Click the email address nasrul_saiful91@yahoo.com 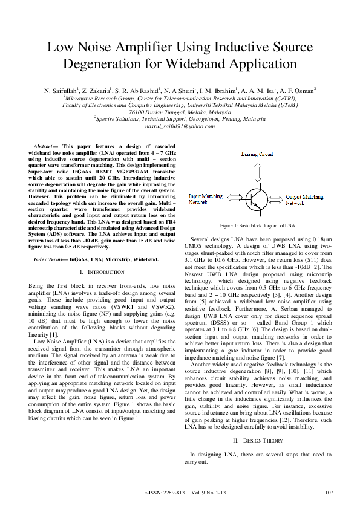point(180,126)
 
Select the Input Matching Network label point(206,199)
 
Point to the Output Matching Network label point(304,199)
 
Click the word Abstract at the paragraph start point(44,147)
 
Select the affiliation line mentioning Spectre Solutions point(180,119)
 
